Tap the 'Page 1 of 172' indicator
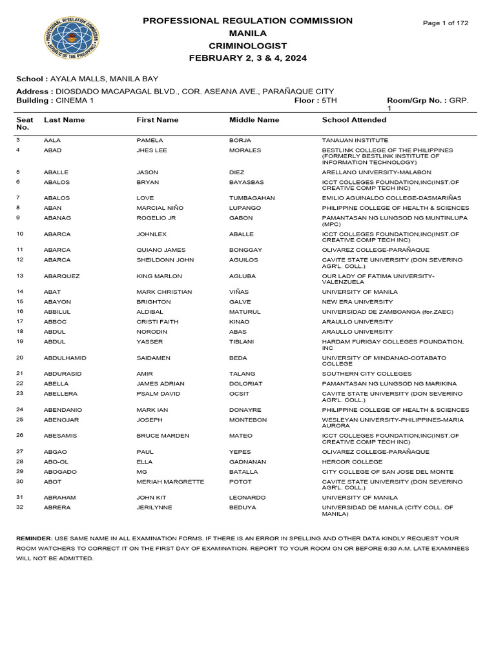(446, 23)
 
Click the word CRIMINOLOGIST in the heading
(248, 46)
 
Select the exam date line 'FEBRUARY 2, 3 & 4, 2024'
(248, 58)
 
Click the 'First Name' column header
(158, 120)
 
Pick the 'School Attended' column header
(354, 120)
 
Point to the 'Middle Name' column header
(254, 120)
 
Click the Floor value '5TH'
(329, 101)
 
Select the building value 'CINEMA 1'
(74, 101)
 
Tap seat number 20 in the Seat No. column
(19, 358)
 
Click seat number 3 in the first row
(18, 140)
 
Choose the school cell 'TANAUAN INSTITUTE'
(355, 140)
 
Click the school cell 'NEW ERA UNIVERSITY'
(357, 302)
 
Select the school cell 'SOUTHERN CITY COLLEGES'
(366, 374)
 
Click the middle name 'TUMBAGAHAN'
(252, 198)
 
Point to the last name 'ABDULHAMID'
(65, 358)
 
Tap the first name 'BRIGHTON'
(154, 302)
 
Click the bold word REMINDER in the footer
(35, 538)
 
